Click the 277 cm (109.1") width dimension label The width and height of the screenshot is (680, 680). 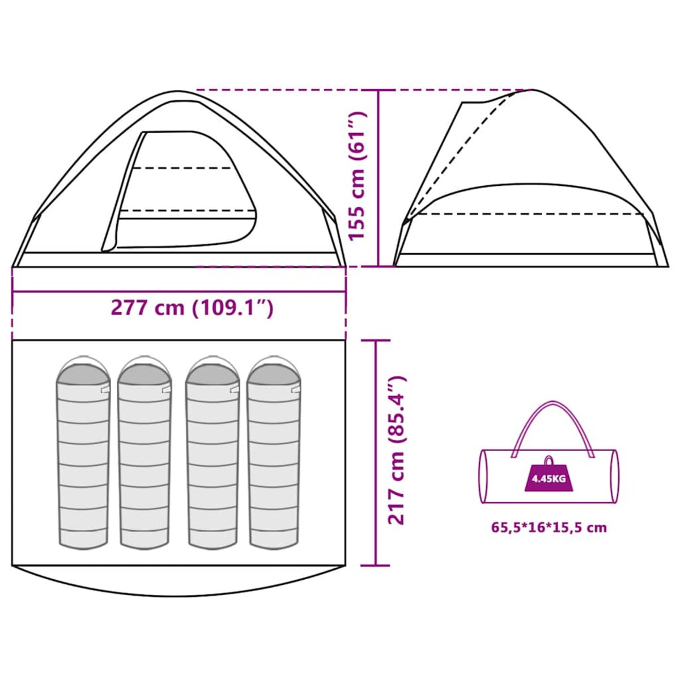pos(192,308)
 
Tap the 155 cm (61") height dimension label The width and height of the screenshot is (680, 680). pos(358,176)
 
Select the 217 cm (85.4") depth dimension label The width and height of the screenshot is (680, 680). pos(396,450)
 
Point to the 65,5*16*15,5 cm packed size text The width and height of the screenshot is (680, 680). pos(549,528)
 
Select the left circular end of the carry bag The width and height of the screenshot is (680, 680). pos(484,476)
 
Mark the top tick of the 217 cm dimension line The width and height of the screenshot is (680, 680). pos(375,341)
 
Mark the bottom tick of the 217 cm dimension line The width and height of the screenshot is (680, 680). pos(375,565)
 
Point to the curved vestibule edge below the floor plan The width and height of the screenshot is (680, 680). pos(178,593)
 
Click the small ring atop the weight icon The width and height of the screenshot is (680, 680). pos(549,460)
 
